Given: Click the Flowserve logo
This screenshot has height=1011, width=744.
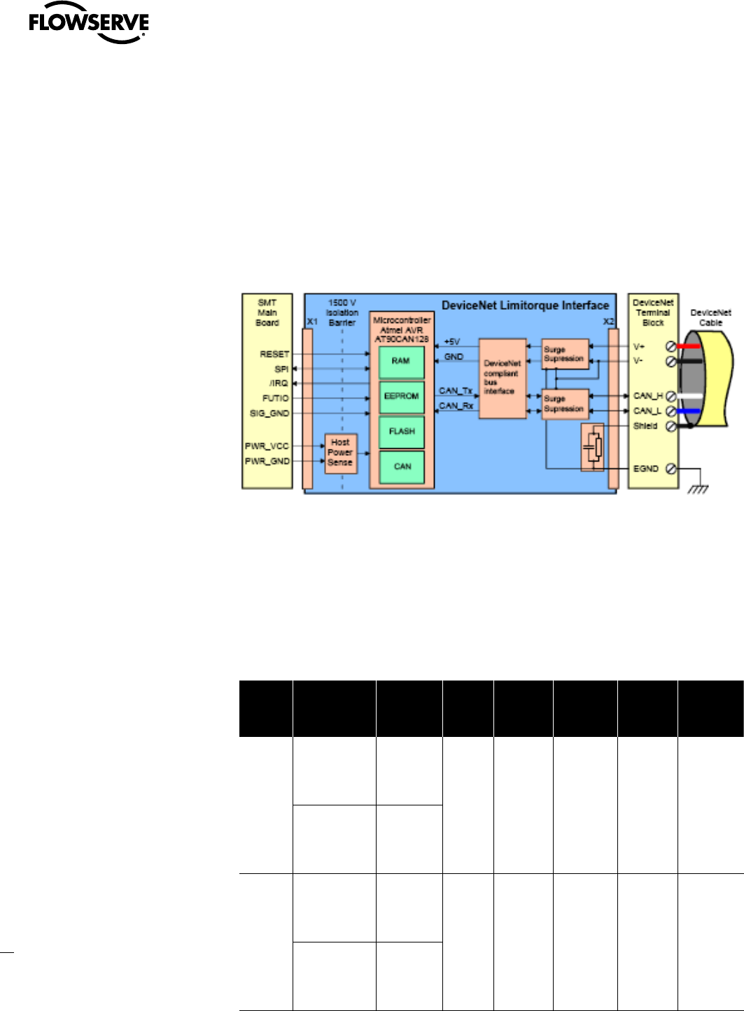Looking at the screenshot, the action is (x=88, y=27).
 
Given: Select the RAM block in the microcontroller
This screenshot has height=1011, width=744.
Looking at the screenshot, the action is (x=401, y=361).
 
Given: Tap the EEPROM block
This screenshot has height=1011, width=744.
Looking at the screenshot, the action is (x=401, y=396).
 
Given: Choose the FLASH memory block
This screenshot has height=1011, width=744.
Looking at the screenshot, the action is (x=401, y=431).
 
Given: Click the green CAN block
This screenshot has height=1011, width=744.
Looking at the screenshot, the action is (x=402, y=466).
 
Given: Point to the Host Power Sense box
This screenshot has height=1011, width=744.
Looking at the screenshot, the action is (x=341, y=452).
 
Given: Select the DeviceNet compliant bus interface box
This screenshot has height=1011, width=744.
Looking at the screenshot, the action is (x=502, y=378).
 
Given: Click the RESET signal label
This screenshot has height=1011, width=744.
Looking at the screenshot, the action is (x=274, y=354).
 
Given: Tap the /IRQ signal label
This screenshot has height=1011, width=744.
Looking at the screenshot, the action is (x=279, y=383).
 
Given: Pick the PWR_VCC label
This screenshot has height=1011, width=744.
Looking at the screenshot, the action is (x=267, y=446).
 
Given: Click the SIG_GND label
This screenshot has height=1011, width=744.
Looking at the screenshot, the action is (x=269, y=413).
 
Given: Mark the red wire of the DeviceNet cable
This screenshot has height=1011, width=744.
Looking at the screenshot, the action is (x=689, y=346).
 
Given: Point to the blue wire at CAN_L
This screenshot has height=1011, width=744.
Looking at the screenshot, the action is (x=689, y=411).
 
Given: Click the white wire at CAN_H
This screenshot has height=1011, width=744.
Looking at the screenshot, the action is (x=689, y=396).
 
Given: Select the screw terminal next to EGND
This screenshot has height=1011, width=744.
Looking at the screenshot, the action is (x=671, y=468).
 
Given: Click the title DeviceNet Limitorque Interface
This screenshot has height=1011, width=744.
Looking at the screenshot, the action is (x=525, y=306).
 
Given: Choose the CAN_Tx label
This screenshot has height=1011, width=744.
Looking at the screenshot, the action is (x=456, y=391).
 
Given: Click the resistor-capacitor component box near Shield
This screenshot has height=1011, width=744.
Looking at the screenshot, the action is (x=593, y=447).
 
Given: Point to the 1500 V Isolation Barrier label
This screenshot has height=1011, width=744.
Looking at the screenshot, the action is (x=342, y=313).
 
